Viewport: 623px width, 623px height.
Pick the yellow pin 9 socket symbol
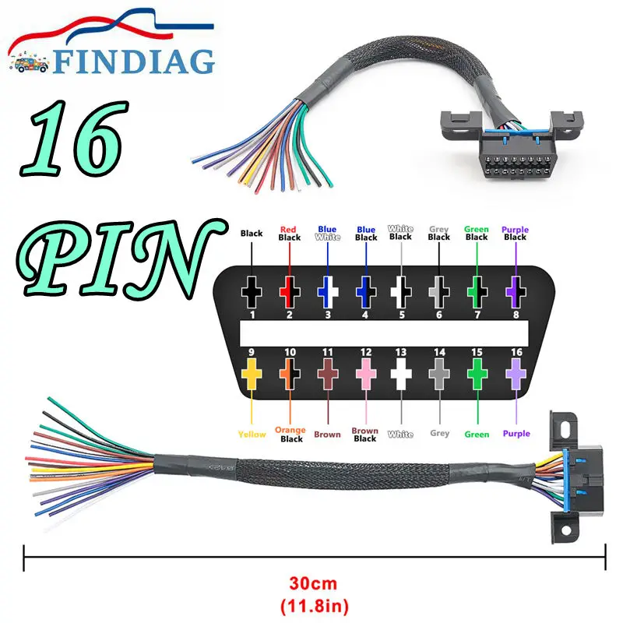tap(252, 377)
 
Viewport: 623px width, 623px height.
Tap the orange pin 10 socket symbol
tap(290, 377)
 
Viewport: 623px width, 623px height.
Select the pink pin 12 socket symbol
tap(364, 377)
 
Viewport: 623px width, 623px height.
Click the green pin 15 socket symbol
tap(477, 377)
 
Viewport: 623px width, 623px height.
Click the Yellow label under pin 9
tap(252, 434)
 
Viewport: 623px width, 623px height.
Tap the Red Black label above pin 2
tap(290, 234)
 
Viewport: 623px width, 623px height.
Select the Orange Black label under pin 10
tap(290, 435)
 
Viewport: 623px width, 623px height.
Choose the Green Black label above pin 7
tap(477, 234)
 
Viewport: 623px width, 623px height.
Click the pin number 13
tap(402, 353)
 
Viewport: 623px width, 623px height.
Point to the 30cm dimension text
tap(315, 582)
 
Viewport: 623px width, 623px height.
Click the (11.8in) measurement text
tap(315, 602)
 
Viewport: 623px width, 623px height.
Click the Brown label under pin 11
tap(327, 434)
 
